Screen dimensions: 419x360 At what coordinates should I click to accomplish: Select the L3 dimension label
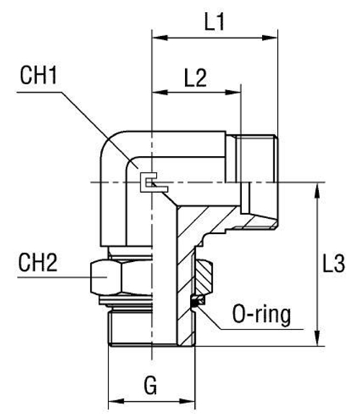[x=333, y=265]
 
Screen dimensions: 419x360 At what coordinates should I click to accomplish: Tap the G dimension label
[x=150, y=387]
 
